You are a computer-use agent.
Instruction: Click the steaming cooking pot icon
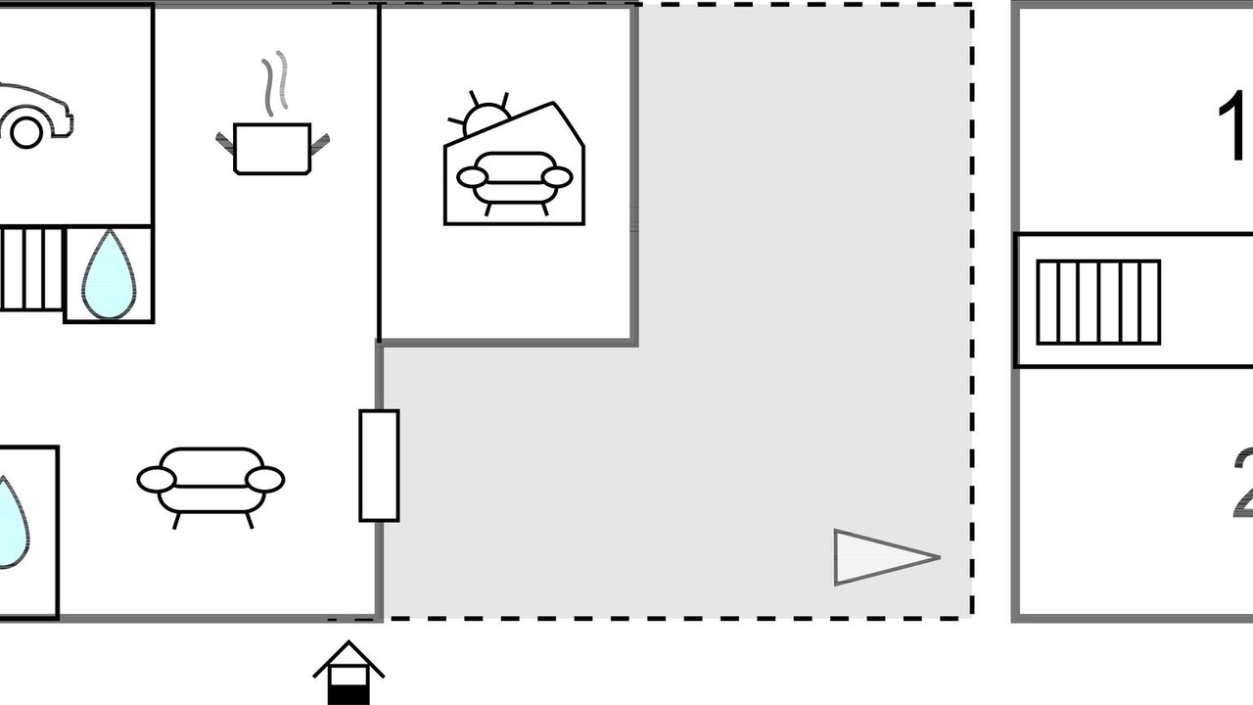click(272, 148)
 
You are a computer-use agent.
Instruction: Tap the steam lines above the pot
click(276, 82)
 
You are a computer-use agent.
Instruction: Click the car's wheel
click(26, 131)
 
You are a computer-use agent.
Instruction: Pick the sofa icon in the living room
click(210, 482)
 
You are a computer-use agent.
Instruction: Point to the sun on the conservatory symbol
click(486, 117)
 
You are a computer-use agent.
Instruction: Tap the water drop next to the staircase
click(108, 276)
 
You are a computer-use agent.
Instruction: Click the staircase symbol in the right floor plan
click(1097, 302)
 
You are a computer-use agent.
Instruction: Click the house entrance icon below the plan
click(348, 673)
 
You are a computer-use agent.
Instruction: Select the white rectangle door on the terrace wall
click(379, 465)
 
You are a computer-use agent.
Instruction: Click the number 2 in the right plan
click(1241, 482)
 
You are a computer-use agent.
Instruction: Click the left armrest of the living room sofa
click(156, 480)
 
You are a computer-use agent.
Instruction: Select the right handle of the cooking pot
click(320, 144)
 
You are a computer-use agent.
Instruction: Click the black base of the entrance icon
click(348, 694)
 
